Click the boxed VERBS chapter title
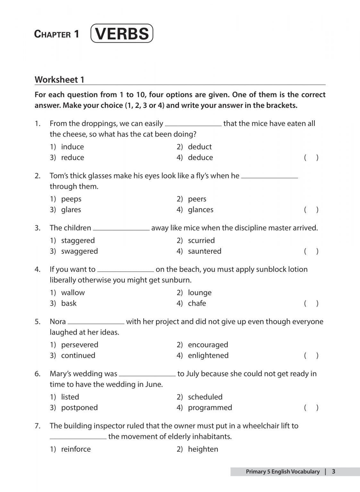coord(122,34)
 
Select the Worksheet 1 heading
coord(59,80)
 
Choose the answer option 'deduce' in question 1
coord(200,158)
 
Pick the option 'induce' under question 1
coord(72,147)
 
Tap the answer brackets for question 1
coord(311,158)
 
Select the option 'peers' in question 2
coord(197,199)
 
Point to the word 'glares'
coord(71,210)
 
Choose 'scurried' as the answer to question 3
coord(201,241)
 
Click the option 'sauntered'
coord(204,251)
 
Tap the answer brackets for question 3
coord(311,251)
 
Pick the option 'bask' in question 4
coord(69,303)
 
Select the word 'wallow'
coord(73,293)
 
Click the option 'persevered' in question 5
coord(80,345)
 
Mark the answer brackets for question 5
coord(311,356)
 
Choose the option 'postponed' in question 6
coord(79,408)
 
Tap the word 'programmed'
coord(210,408)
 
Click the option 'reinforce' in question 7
coord(76,449)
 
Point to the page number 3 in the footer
coord(333,471)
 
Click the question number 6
coord(38,374)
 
